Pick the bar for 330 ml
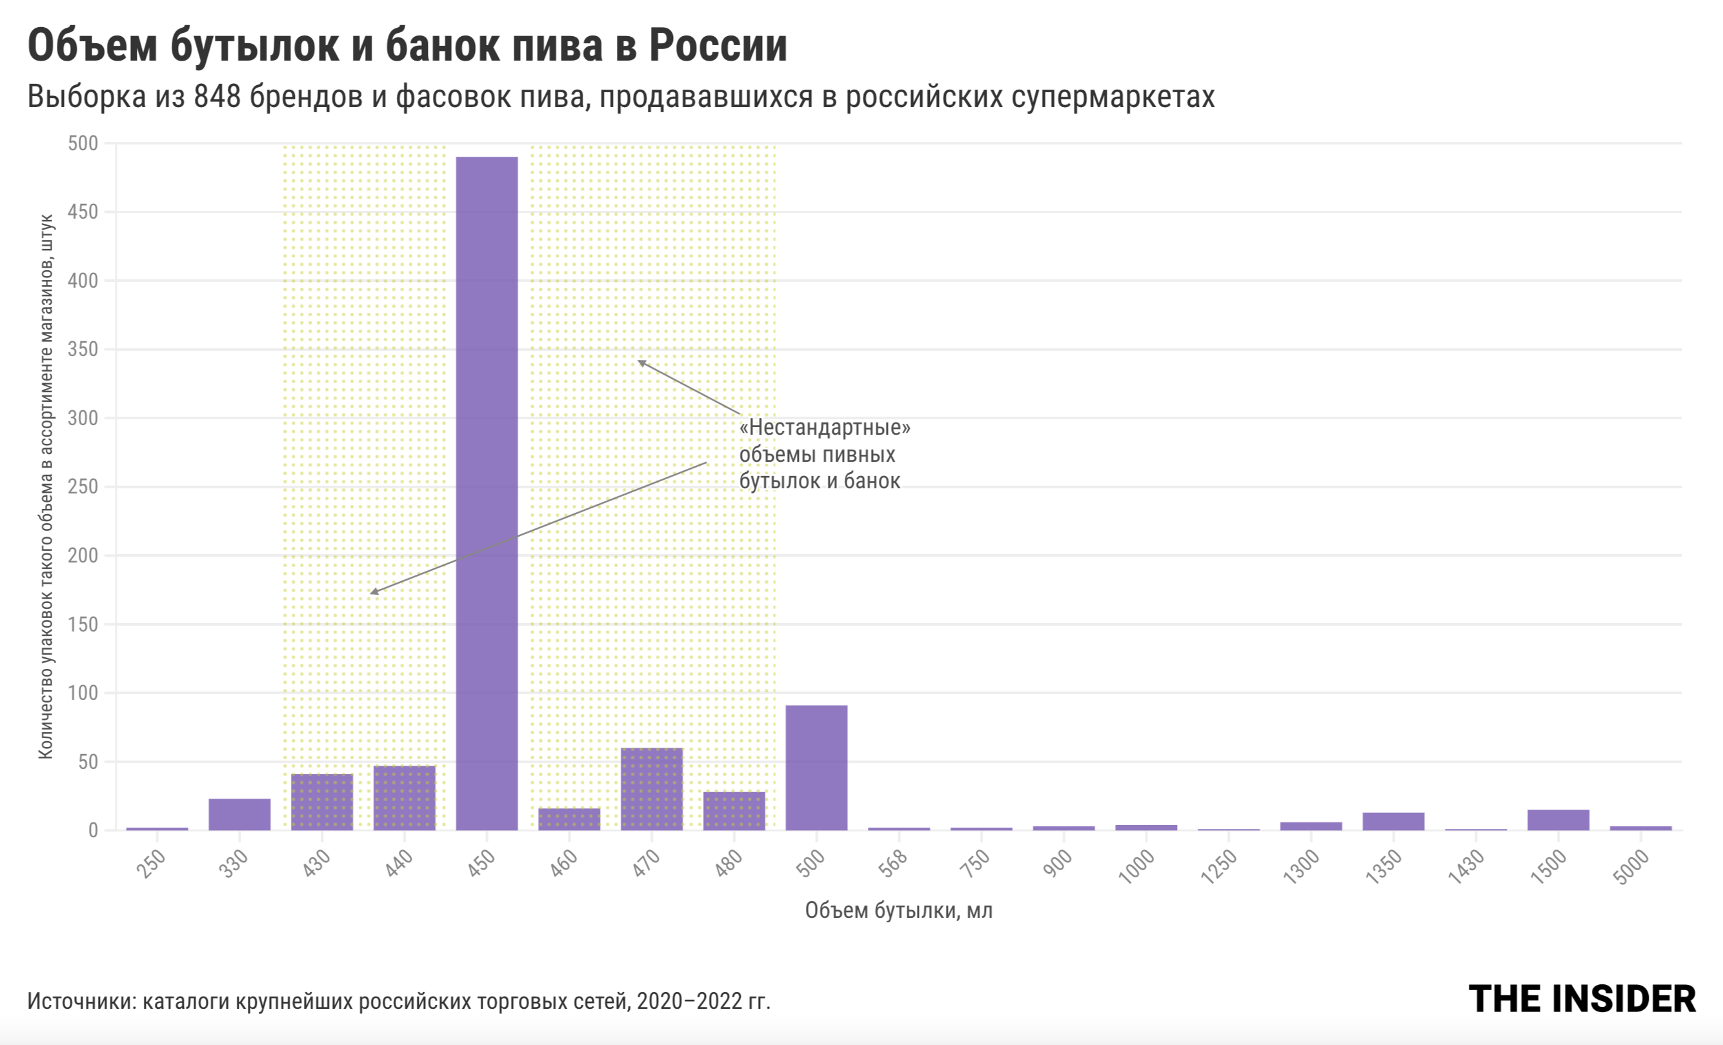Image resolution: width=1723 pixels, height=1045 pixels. click(239, 814)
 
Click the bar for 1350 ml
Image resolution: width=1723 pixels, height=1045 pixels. click(1393, 821)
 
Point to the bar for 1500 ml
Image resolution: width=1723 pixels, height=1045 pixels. click(1558, 820)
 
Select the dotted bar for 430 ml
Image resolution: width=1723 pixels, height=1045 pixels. click(321, 802)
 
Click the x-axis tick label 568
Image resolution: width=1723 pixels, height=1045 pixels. click(893, 863)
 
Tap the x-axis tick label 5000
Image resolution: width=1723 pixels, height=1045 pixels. click(1631, 867)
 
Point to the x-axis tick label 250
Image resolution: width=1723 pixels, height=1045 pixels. click(151, 863)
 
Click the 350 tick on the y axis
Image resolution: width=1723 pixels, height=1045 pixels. click(83, 349)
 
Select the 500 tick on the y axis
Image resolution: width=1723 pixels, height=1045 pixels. click(83, 143)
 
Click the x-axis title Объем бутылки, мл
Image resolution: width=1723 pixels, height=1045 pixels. click(898, 910)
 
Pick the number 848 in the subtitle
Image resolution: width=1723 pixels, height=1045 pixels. click(217, 97)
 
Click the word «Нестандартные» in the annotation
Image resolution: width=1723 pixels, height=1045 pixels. click(825, 426)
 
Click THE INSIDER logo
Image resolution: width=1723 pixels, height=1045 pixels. click(1582, 999)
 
